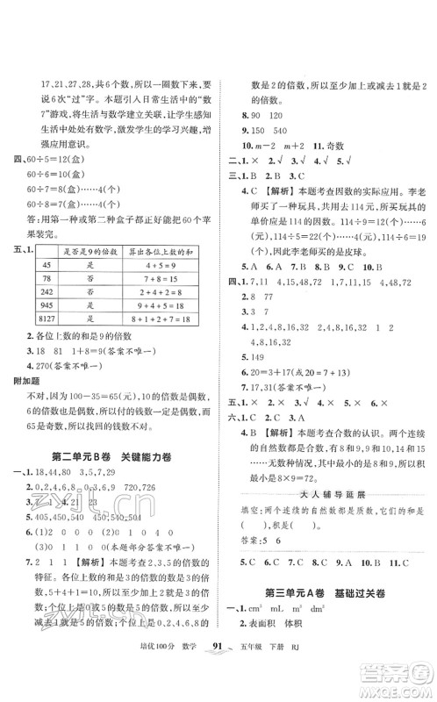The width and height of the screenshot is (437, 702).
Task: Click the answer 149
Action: click(x=259, y=359)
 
